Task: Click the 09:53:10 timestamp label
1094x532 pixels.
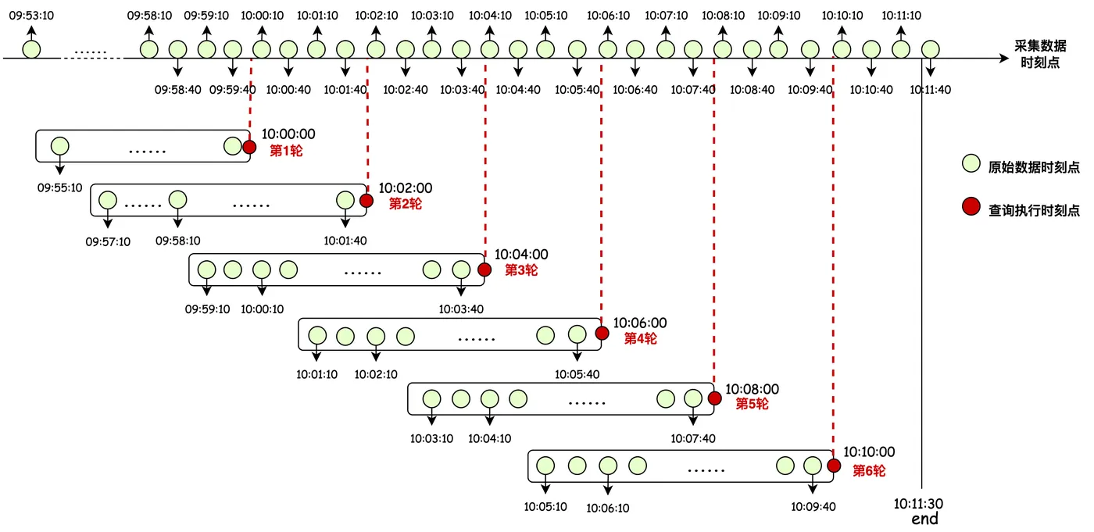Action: [32, 16]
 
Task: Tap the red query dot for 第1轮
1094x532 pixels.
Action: [249, 147]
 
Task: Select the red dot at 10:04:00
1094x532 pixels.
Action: [484, 270]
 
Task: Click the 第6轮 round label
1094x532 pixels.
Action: [869, 470]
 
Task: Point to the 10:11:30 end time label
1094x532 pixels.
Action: [918, 504]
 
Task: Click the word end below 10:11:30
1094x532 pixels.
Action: [924, 519]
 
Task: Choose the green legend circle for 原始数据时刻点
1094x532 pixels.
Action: [971, 163]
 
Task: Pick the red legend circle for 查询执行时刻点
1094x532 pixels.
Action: [971, 206]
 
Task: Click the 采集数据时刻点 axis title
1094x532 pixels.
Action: [1040, 54]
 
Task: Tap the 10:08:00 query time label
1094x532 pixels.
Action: [752, 389]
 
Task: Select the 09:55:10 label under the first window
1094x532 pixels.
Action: [59, 188]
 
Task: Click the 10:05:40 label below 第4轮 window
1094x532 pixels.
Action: [577, 374]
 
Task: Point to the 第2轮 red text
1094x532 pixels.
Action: [406, 204]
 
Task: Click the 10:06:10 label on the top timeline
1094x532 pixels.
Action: [608, 16]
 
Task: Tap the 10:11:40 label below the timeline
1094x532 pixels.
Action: [931, 90]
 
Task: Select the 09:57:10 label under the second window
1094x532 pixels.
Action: [108, 241]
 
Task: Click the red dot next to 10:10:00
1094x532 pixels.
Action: [835, 465]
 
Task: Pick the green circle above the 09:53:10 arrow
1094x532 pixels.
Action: [32, 49]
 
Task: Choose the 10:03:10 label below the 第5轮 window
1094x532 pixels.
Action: [431, 438]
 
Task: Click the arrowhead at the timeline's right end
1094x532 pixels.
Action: [1004, 59]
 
